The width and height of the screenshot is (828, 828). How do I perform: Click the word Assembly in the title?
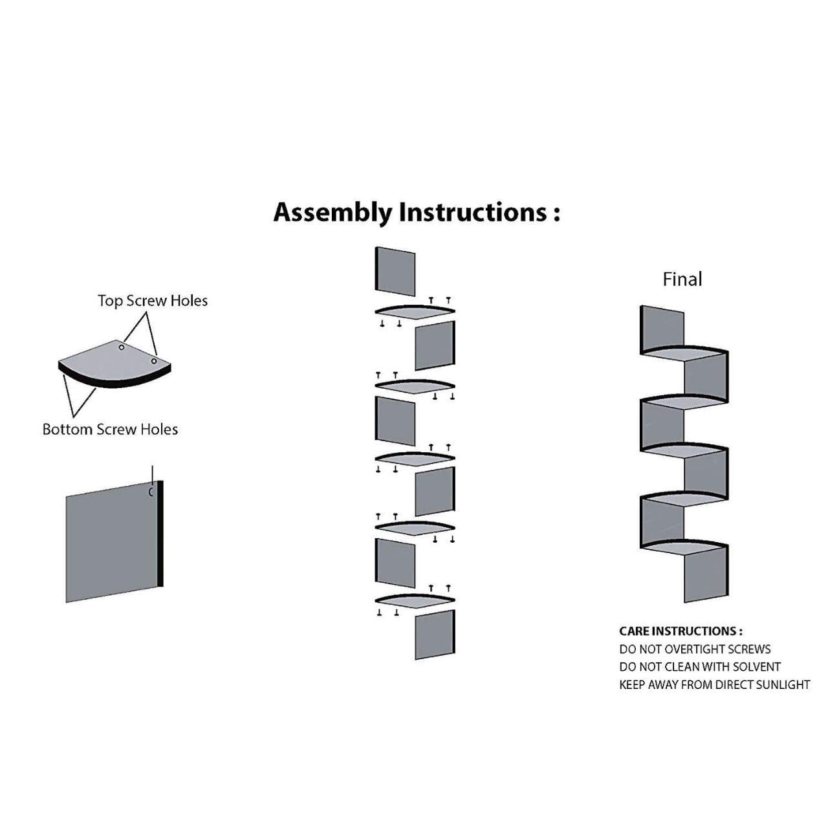coord(333,213)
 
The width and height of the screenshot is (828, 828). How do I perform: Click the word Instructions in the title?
coord(474,212)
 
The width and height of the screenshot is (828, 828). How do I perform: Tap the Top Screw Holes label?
coord(153,301)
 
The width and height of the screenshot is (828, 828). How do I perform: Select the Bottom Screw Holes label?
coord(111,430)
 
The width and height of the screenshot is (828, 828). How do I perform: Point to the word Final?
coord(682,279)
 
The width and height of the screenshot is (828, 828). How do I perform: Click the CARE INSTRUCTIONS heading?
coord(681,631)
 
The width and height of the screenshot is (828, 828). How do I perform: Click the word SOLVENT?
coord(757,667)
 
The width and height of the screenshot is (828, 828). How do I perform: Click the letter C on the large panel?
coord(151,492)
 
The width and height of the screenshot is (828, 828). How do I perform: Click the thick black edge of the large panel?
coord(160,533)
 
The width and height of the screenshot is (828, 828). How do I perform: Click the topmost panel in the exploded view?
coord(395,271)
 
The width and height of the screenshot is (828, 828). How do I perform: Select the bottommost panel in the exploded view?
coord(435,635)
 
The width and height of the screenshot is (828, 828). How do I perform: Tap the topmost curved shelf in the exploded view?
coord(415,312)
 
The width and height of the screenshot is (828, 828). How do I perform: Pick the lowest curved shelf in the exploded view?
coord(415,601)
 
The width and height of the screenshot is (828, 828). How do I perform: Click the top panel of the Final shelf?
coord(662,329)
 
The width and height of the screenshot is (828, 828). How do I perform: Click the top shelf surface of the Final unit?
coord(683,353)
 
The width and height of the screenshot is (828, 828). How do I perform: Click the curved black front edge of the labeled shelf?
coord(114,381)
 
